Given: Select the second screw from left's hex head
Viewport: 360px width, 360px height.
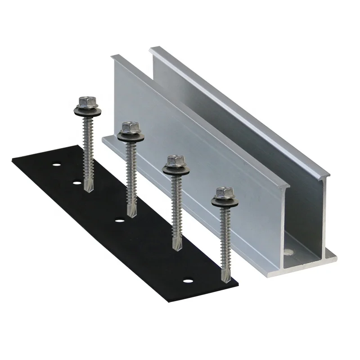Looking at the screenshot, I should coord(130,128).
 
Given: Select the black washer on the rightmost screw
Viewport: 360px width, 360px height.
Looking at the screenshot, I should coord(222,202).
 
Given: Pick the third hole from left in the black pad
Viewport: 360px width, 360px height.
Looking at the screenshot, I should coord(119,220).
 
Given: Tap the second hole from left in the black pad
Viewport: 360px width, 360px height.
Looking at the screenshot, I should coord(76,183).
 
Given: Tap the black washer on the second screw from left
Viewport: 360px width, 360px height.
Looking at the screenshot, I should coord(130,136).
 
